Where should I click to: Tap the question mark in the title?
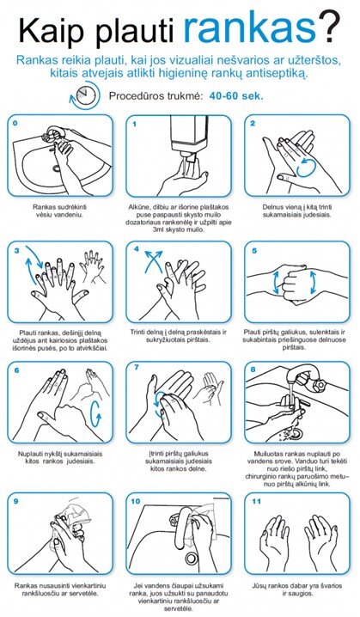tap(331, 28)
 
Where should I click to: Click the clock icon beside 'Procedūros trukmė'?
tap(84, 95)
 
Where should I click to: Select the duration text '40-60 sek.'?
tap(236, 95)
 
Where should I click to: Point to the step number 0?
tap(15, 123)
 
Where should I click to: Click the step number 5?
tap(254, 251)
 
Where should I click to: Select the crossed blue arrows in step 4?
tap(152, 260)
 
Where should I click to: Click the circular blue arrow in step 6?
tap(95, 413)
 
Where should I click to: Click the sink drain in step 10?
tap(192, 558)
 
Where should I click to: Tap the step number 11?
tap(256, 501)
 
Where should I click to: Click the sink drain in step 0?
tap(57, 168)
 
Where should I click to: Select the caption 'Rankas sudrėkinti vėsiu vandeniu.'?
tap(60, 211)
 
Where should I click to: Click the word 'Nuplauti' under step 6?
tap(30, 454)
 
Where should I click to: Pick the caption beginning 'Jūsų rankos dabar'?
tap(297, 590)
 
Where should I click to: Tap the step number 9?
tap(15, 501)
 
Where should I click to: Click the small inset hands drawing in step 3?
tap(93, 266)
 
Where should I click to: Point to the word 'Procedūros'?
tap(132, 95)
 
